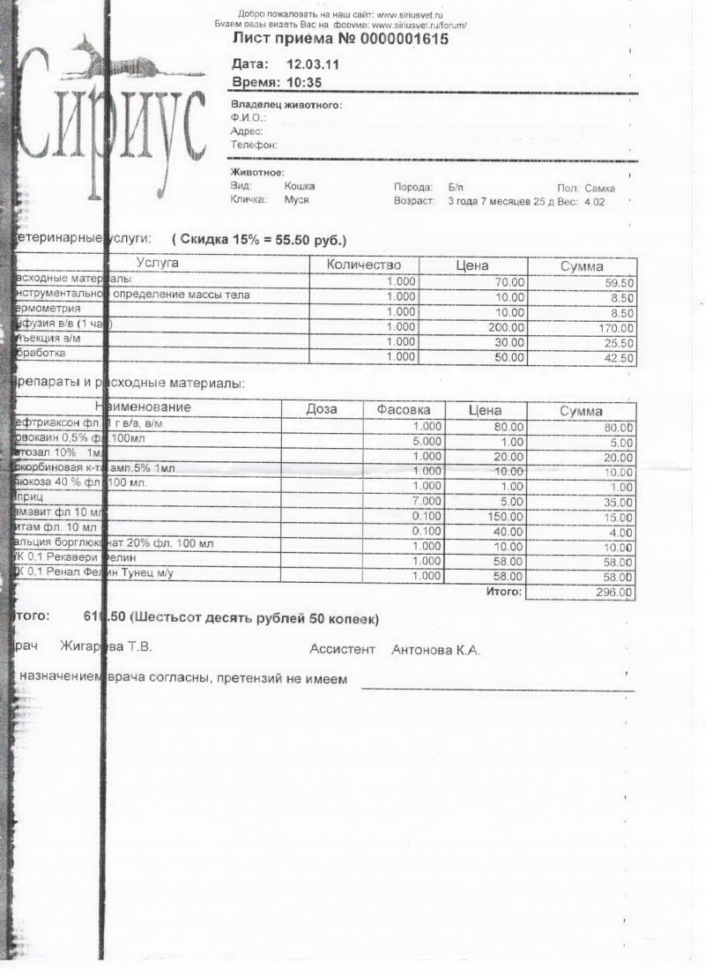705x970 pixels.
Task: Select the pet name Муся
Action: pyautogui.click(x=296, y=200)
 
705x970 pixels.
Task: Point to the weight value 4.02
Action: pyautogui.click(x=596, y=202)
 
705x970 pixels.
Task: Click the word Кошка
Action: pyautogui.click(x=300, y=186)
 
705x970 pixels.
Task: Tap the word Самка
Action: pyautogui.click(x=600, y=188)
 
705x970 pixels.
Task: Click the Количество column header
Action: pyautogui.click(x=363, y=265)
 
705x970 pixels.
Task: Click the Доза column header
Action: pyautogui.click(x=321, y=410)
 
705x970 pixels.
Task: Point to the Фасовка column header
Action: pyautogui.click(x=403, y=410)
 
